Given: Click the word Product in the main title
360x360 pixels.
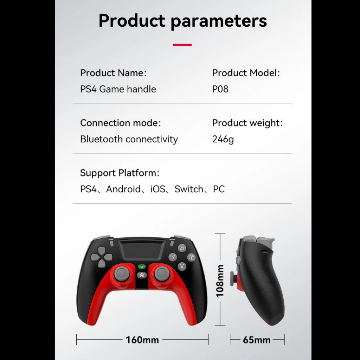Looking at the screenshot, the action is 132,20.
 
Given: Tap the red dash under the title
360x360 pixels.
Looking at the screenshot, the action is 182,45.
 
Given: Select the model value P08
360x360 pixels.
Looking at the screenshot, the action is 220,89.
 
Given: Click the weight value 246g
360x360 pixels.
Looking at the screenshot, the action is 223,139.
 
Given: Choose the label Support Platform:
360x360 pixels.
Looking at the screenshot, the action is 120,173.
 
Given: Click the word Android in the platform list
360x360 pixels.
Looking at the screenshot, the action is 123,189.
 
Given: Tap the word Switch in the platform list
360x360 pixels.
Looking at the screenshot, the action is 189,189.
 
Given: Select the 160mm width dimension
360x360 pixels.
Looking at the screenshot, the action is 142,340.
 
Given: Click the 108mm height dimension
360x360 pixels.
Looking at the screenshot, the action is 220,281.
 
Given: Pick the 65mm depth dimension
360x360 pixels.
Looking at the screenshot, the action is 257,340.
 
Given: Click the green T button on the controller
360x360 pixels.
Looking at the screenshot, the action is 142,266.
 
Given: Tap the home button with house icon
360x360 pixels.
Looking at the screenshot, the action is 142,275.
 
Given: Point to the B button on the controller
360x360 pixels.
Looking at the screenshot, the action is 192,257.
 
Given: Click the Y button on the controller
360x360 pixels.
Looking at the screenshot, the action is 182,248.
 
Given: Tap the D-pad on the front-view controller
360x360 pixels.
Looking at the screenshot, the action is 102,257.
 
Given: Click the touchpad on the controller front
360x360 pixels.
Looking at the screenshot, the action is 142,250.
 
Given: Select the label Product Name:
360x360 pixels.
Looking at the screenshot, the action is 113,73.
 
